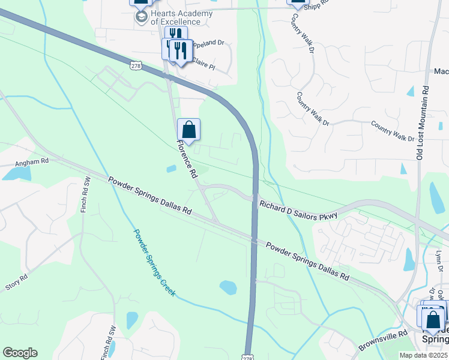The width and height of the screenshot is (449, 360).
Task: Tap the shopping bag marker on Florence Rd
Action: point(188,130)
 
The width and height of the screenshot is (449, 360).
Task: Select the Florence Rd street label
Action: point(187,158)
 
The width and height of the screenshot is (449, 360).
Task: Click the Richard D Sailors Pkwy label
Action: point(298,210)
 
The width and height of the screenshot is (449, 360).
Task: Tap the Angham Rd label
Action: point(32,161)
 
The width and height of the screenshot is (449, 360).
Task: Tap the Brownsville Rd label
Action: point(383,340)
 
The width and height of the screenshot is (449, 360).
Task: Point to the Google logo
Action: point(20,353)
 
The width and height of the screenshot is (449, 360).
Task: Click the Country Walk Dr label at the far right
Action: point(393,131)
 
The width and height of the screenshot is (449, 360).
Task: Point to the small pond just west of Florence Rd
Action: point(172,169)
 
